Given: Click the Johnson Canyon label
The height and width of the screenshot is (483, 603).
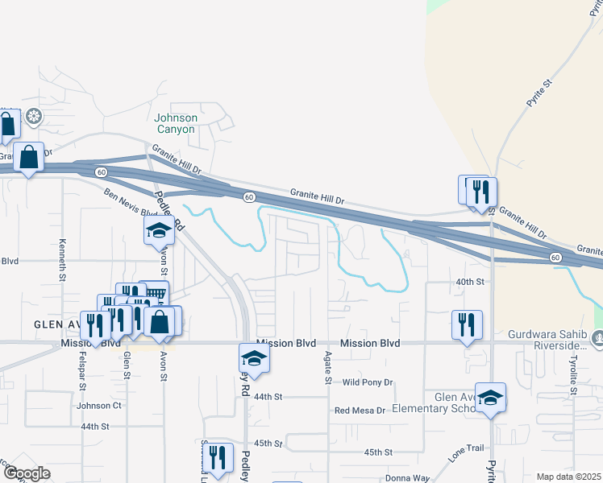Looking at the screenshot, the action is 175,123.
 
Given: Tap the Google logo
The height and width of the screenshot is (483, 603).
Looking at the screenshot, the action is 27,473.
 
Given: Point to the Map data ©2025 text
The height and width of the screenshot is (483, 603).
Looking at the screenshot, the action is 568,477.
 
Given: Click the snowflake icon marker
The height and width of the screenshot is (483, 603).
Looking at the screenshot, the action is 34,118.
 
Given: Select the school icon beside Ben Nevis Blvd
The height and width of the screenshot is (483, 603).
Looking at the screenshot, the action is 160,232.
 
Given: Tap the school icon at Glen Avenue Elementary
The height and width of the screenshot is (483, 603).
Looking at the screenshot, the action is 490,398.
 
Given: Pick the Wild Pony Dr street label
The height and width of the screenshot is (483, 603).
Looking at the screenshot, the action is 367,382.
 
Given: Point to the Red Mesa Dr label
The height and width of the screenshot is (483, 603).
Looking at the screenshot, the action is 360,411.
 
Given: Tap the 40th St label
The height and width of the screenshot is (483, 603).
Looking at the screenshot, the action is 469,282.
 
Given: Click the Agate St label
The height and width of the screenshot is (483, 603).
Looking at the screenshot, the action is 328,367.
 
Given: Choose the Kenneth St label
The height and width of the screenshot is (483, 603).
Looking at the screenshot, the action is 62,260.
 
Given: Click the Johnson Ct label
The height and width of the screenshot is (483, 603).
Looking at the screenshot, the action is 98,406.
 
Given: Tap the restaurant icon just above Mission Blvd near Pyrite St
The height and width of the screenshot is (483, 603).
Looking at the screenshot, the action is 467,324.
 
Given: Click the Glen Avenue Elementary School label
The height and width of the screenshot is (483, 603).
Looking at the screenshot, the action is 435,402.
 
